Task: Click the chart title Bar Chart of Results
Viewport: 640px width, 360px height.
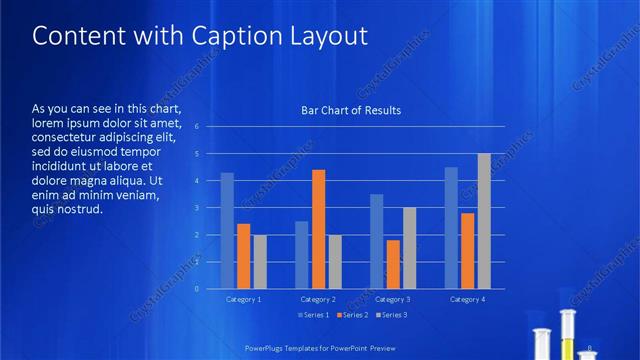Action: click(x=351, y=110)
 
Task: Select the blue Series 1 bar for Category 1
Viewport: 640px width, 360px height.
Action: click(x=228, y=230)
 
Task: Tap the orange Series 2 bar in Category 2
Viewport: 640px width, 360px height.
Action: click(x=318, y=229)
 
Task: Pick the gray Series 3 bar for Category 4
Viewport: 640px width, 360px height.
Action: click(x=484, y=221)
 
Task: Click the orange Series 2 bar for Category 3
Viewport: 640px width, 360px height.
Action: click(x=393, y=264)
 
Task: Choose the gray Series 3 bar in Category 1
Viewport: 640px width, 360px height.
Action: click(x=260, y=261)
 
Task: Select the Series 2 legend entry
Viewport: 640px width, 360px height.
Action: click(x=352, y=315)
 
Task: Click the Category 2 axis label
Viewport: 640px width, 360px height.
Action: click(x=318, y=299)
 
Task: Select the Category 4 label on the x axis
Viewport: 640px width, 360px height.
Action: click(x=467, y=299)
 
